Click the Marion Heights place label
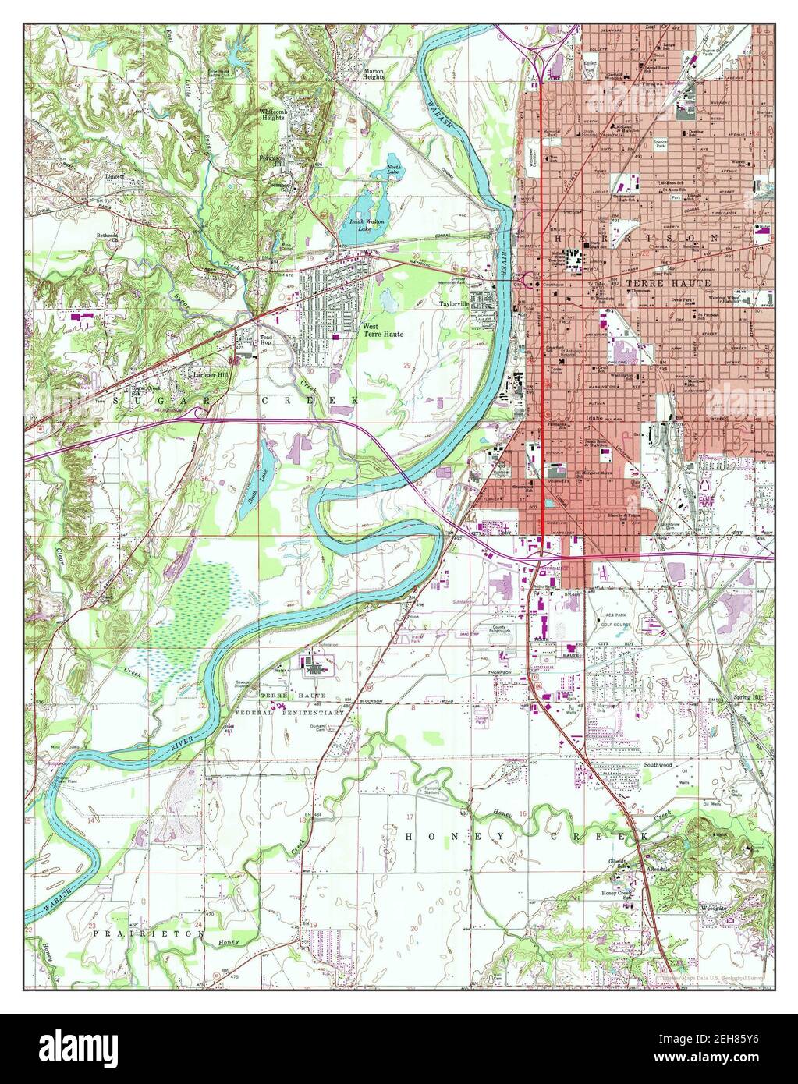(372, 73)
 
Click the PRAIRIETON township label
(148, 932)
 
